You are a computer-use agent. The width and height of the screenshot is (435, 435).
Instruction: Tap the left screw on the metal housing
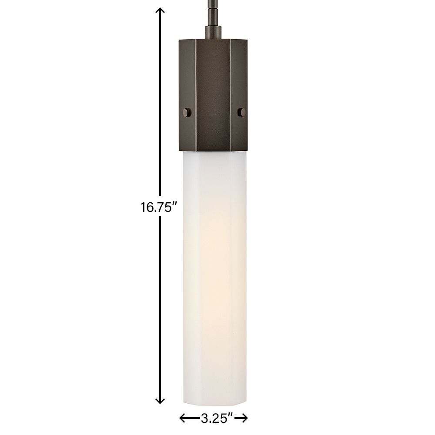[187, 113]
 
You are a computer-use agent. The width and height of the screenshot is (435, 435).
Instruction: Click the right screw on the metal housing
[242, 112]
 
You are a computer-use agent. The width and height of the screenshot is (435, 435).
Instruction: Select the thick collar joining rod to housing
[213, 33]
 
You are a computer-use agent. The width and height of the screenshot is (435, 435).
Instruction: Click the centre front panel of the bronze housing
[213, 87]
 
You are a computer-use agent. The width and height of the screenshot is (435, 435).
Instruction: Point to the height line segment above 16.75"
[160, 109]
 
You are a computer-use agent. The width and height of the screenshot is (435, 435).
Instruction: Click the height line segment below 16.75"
[160, 304]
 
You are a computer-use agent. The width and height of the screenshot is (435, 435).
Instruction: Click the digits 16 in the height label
[146, 207]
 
